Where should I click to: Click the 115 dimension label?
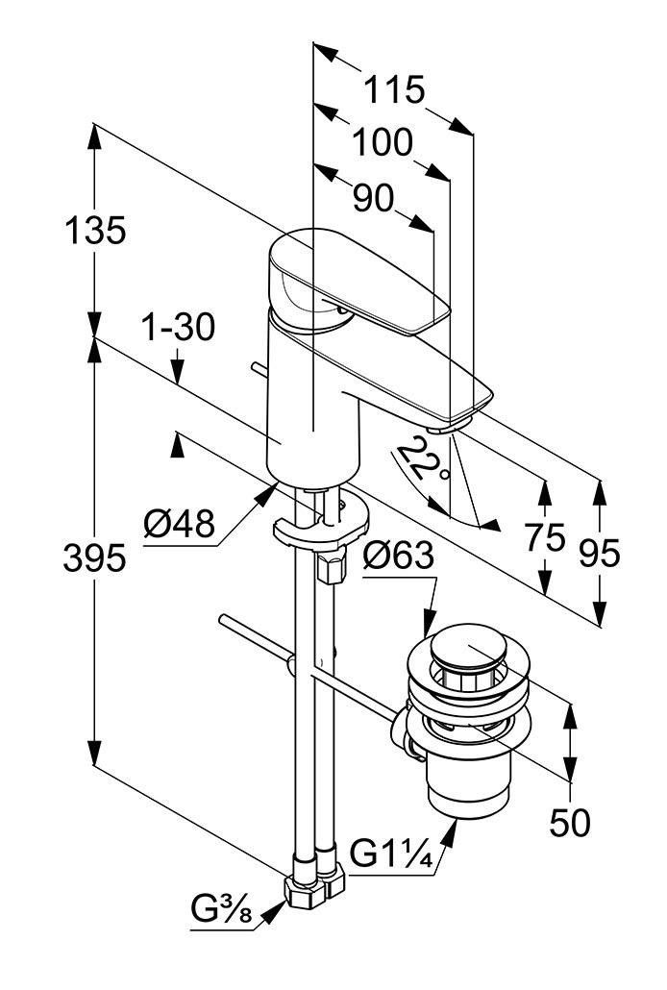(393, 90)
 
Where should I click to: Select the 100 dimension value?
(382, 144)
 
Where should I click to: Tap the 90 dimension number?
(374, 199)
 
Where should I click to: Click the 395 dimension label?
(94, 557)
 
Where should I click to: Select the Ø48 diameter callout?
(180, 525)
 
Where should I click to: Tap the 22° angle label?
(424, 459)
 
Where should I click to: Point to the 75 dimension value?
(545, 538)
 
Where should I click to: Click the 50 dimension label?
(570, 822)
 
